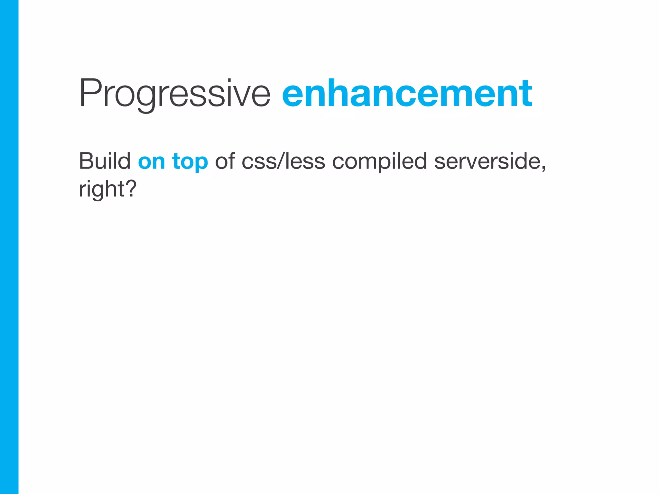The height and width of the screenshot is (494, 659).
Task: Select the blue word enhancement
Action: pyautogui.click(x=407, y=93)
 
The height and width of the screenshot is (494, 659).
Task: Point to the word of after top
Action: pyautogui.click(x=225, y=161)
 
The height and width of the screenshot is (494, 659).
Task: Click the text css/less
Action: pyautogui.click(x=283, y=161)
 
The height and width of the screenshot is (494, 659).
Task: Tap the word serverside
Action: pyautogui.click(x=487, y=161)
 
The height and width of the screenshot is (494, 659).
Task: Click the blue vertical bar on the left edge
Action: pyautogui.click(x=9, y=247)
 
